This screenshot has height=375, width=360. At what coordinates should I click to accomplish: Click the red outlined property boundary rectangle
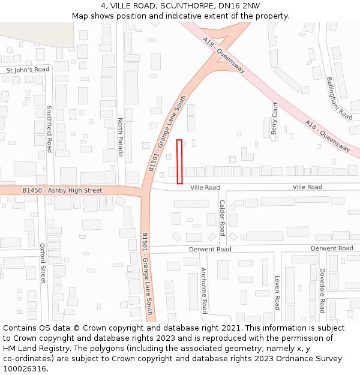[179, 161]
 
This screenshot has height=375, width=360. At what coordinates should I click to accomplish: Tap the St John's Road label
[28, 70]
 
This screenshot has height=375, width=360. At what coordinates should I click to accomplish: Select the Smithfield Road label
[49, 129]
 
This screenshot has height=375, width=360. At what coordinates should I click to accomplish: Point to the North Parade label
[121, 137]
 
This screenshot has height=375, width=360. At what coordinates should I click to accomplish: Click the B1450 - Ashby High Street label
[62, 190]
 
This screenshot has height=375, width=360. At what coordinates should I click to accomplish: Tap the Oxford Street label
[43, 263]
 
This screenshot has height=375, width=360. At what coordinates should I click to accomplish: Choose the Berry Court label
[275, 118]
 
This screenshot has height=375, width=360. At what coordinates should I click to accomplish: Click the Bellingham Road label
[339, 98]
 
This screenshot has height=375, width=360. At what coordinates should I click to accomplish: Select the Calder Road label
[222, 218]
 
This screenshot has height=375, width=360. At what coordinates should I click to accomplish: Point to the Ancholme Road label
[204, 290]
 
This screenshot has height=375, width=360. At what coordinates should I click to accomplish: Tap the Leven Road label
[277, 292]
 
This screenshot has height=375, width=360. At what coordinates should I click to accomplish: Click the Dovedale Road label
[322, 290]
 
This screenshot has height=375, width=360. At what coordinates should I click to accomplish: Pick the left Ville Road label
[205, 188]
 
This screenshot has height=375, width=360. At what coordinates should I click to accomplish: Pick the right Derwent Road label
[332, 248]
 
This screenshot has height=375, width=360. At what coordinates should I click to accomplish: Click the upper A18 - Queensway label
[224, 55]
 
